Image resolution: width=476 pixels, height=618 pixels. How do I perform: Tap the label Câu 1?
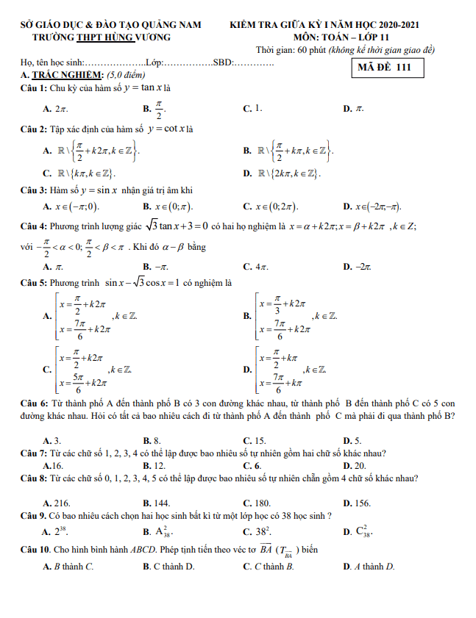[x=33, y=88]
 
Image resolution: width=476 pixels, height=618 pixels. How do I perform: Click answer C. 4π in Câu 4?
[x=255, y=266]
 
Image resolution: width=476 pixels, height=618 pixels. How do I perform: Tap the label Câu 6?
[x=33, y=403]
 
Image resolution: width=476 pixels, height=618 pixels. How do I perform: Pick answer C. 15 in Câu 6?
[x=255, y=440]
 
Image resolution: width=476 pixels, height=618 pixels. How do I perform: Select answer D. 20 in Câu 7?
[x=355, y=466]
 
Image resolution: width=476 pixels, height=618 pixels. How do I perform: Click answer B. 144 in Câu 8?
[x=157, y=503]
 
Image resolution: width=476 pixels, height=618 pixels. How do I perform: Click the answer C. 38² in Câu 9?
[x=256, y=531]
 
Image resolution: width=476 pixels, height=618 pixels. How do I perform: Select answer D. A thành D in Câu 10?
[x=369, y=567]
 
